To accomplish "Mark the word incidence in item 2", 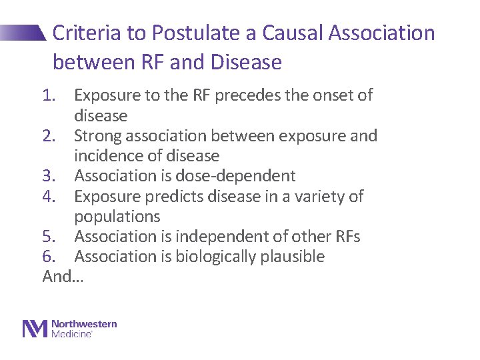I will pos(111,156).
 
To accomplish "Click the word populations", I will pos(117,217).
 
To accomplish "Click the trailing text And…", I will pos(63,277).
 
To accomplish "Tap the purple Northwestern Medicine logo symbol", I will pos(35,329).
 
